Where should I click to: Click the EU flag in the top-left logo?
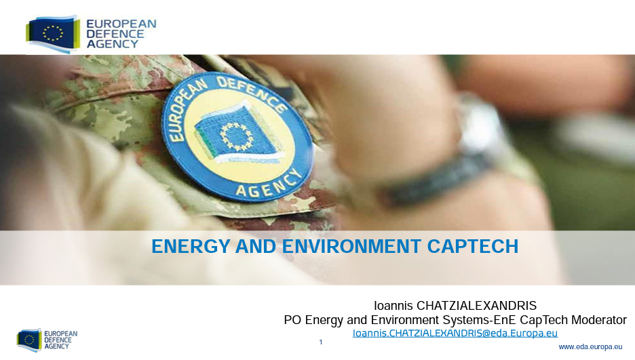point(53,34)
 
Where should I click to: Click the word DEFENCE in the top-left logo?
point(115,34)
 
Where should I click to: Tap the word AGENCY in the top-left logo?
point(112,44)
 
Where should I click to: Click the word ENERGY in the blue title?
point(191,246)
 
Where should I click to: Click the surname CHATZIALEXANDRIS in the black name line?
point(477,306)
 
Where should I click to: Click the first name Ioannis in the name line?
point(393,306)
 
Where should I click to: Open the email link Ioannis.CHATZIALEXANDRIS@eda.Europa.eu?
point(455,334)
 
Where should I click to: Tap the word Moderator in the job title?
point(598,320)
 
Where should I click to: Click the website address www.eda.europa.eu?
point(590,346)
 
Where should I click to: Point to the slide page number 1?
point(321,342)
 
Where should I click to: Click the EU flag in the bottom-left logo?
point(29,340)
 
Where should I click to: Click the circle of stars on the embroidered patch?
point(237,136)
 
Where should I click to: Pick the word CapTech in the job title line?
point(544,320)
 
